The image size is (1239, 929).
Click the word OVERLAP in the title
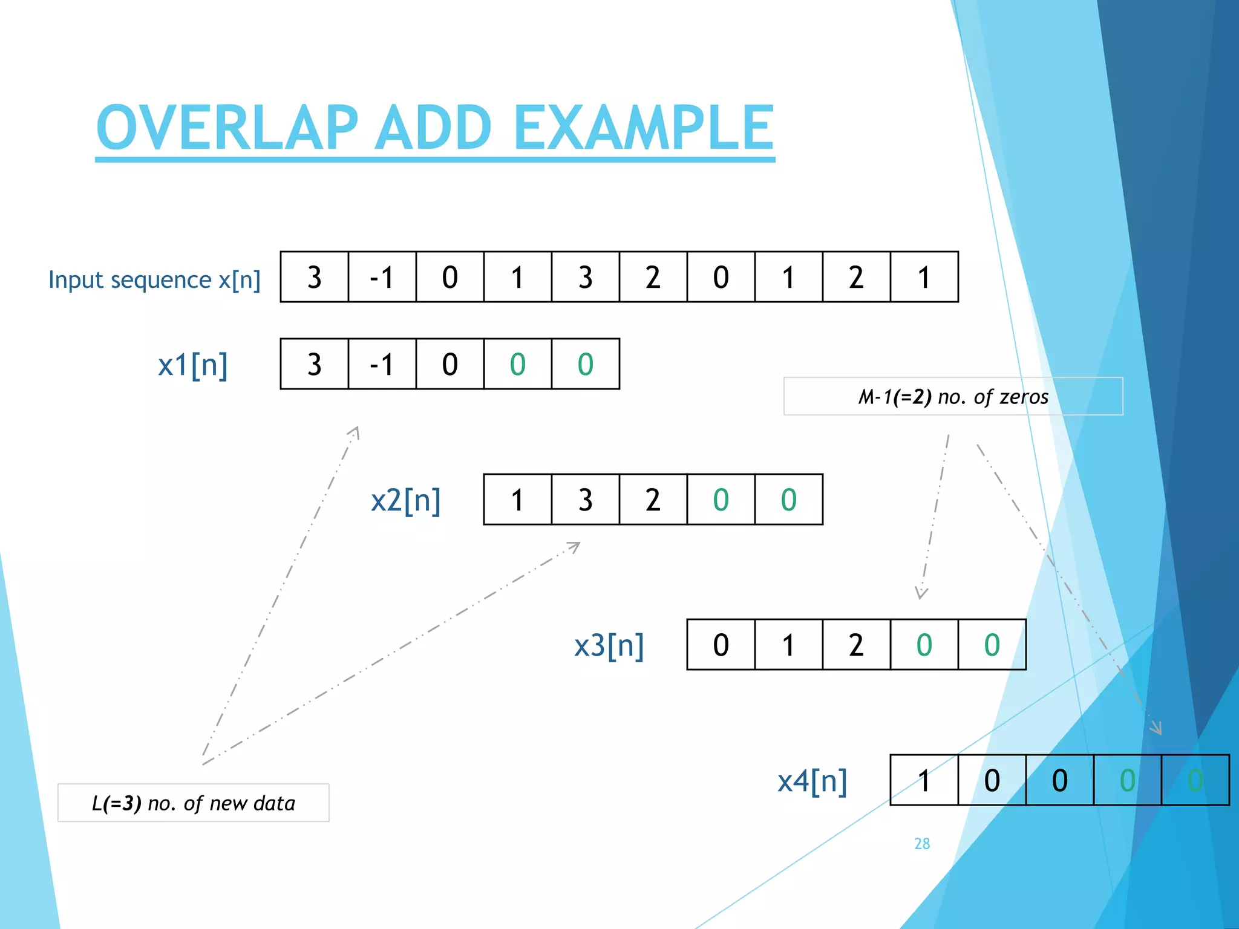[227, 128]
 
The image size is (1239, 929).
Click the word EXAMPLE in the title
[644, 128]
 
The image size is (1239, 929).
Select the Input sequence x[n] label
[154, 279]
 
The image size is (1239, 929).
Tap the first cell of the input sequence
[314, 277]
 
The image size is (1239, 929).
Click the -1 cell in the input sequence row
[382, 277]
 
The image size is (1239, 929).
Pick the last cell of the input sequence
[924, 277]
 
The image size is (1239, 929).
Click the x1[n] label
[192, 365]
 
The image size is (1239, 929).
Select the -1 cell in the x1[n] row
[382, 364]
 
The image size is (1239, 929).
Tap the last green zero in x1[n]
[585, 364]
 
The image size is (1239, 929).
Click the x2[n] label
[405, 500]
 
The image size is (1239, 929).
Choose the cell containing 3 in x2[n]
[585, 500]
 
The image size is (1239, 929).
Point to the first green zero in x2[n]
[721, 500]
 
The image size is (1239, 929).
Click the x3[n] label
[609, 645]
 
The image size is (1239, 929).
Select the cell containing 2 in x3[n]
[856, 645]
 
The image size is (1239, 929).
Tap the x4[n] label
[812, 781]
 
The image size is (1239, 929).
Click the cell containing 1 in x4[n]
[924, 780]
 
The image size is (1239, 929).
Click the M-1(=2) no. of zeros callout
[953, 397]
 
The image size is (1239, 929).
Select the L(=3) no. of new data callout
[193, 803]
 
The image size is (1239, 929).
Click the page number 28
[922, 844]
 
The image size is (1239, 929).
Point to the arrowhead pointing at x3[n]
[921, 593]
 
